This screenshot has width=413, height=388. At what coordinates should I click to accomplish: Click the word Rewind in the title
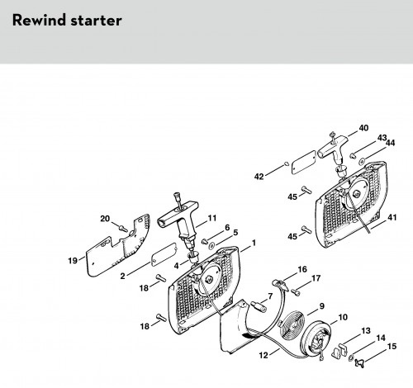tap(38, 20)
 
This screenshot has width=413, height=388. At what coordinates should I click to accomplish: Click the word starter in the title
tap(96, 21)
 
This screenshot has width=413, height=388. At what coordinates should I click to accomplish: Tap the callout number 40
tap(363, 128)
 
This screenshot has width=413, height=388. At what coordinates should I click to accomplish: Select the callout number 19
tap(73, 260)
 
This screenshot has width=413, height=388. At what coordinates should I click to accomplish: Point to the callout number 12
tap(263, 356)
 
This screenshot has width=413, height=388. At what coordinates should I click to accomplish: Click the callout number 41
tap(392, 217)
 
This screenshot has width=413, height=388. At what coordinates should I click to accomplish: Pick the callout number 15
tap(392, 346)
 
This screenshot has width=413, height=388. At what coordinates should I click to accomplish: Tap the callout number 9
tap(321, 306)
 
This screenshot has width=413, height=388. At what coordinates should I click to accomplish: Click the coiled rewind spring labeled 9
tap(292, 325)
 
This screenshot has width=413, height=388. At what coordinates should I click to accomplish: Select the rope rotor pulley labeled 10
tap(316, 340)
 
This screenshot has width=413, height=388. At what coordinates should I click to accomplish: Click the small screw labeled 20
tap(123, 229)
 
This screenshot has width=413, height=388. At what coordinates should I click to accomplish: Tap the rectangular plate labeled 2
tap(164, 254)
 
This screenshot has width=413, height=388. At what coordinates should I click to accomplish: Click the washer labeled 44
tap(362, 160)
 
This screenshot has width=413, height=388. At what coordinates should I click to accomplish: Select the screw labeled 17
tap(296, 292)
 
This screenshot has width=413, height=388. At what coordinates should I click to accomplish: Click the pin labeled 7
tap(259, 306)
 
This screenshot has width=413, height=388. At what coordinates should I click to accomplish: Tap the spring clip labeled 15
tap(359, 363)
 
